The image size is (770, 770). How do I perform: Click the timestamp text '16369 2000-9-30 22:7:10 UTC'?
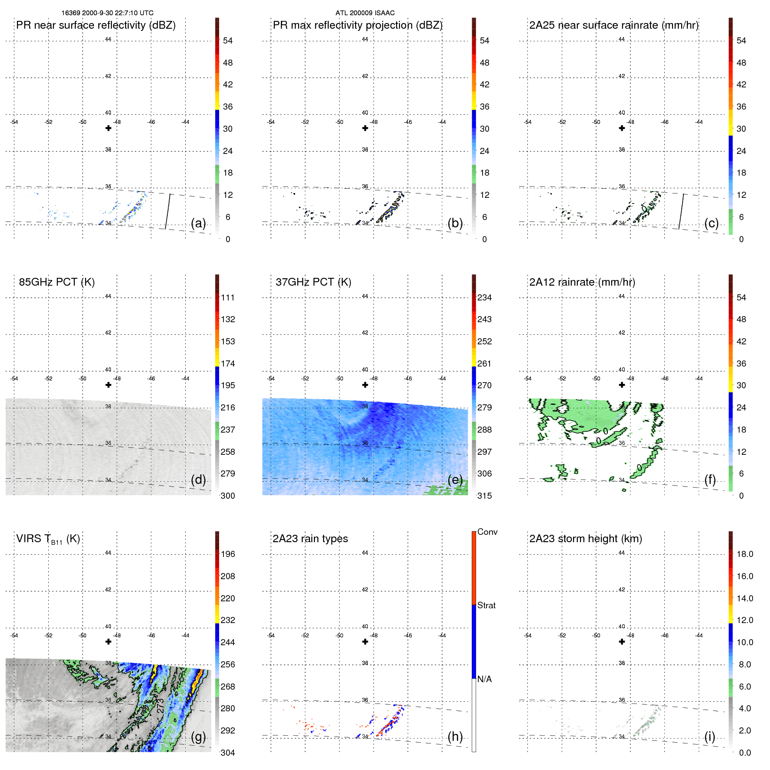click(x=107, y=13)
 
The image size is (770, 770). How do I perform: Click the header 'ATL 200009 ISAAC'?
click(x=365, y=13)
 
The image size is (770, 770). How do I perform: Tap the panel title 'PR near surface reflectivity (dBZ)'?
click(x=96, y=25)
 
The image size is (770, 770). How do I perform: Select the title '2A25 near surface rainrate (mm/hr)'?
click(x=613, y=25)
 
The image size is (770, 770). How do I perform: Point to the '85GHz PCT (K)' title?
click(x=57, y=282)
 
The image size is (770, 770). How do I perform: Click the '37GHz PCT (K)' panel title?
click(x=313, y=282)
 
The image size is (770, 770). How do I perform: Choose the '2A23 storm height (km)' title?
click(x=585, y=539)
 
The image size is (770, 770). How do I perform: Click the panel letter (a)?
click(x=198, y=223)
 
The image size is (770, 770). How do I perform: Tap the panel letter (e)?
click(x=455, y=480)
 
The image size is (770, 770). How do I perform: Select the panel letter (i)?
click(x=710, y=737)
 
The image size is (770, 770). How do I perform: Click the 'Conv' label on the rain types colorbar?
click(x=487, y=532)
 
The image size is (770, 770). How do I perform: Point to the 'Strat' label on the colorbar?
click(x=486, y=606)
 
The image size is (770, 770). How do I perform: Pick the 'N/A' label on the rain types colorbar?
click(x=484, y=679)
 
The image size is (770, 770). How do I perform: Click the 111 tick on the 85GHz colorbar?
click(x=227, y=298)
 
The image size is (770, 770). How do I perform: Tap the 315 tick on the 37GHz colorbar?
click(x=484, y=496)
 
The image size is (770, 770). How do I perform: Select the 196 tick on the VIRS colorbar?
click(x=227, y=554)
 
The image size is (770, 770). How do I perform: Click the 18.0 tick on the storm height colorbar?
click(x=744, y=554)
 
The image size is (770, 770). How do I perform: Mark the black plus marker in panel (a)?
click(x=108, y=128)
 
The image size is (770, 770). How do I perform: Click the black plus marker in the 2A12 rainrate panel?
click(x=622, y=385)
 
